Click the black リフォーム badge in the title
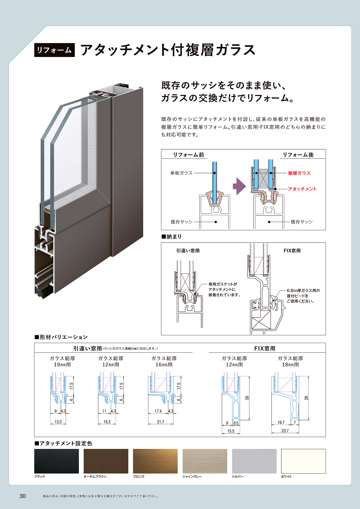(x=54, y=50)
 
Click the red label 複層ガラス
(x=299, y=173)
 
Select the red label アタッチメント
(x=302, y=189)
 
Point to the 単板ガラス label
(x=181, y=173)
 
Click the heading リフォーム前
(x=188, y=155)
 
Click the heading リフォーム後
(x=298, y=155)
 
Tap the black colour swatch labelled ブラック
(x=56, y=461)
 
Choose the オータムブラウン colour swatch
(x=106, y=461)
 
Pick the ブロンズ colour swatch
(x=155, y=461)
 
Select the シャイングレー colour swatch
(x=205, y=461)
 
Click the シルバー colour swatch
(x=254, y=461)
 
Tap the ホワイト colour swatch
(x=303, y=461)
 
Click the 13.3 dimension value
(x=58, y=422)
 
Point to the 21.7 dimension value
(x=160, y=422)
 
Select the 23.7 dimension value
(x=285, y=430)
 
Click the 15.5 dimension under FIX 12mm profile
(x=231, y=431)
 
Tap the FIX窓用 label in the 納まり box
(x=292, y=251)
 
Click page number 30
(x=22, y=496)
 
